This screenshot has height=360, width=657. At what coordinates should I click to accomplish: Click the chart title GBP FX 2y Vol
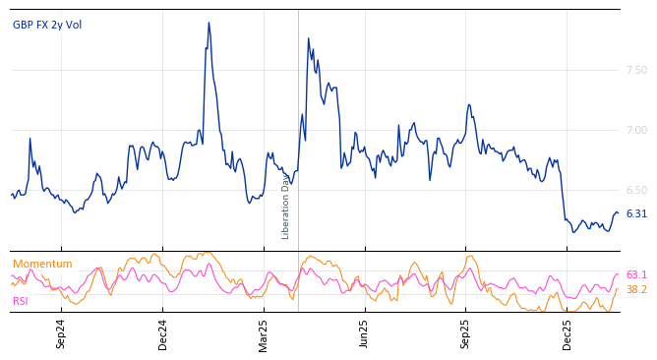47,25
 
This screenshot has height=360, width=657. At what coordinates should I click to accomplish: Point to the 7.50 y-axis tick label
636,70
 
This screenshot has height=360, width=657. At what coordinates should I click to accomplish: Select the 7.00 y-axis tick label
636,130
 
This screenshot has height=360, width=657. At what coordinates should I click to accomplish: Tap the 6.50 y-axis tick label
636,190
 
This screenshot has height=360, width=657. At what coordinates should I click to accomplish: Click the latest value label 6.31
636,213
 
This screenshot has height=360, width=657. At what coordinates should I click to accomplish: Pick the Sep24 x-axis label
61,333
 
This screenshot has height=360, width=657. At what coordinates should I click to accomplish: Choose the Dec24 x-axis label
163,333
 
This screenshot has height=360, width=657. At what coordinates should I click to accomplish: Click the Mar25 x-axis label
264,333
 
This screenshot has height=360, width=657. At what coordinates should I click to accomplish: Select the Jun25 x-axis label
364,333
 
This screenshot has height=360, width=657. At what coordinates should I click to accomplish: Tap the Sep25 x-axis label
465,333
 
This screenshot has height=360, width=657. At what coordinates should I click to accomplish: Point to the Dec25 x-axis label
567,333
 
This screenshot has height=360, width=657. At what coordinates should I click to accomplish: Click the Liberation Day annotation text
286,206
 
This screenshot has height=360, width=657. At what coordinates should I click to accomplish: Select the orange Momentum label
42,264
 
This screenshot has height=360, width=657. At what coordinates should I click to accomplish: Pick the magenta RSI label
21,301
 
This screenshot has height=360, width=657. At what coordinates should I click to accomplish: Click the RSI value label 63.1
636,274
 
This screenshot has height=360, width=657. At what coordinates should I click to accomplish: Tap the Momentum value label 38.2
636,289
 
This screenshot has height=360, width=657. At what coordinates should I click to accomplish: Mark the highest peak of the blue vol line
209,23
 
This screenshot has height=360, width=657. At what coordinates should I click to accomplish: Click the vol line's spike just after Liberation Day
308,38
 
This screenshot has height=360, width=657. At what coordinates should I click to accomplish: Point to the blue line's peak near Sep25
469,104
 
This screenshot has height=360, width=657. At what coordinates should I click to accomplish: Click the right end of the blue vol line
618,212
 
